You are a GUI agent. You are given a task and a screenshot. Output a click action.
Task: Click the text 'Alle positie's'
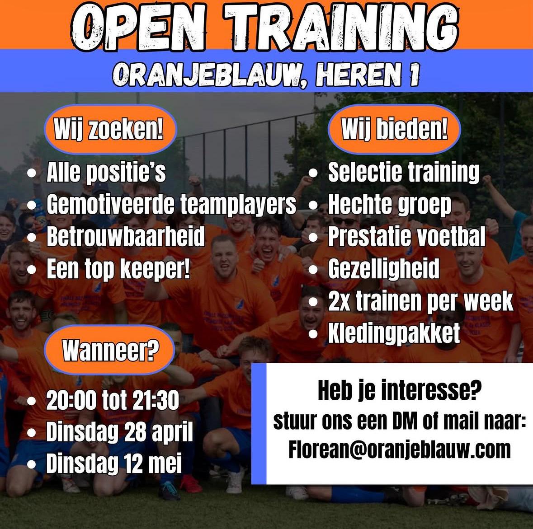[x=106, y=173]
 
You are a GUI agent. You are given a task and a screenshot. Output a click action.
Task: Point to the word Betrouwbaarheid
[x=126, y=237]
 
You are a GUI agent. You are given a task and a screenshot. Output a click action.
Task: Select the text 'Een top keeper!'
[x=118, y=269]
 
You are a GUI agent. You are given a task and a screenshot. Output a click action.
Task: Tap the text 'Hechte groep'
[x=389, y=205]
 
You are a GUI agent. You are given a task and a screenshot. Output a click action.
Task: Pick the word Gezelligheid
[x=383, y=269]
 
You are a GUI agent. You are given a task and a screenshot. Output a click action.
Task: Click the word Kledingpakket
[x=394, y=333]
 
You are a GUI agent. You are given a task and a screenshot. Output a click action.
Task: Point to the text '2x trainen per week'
[x=420, y=301]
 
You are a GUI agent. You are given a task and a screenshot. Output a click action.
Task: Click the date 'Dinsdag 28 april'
[x=119, y=432]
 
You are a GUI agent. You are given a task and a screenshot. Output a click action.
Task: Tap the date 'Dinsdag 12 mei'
[x=114, y=463]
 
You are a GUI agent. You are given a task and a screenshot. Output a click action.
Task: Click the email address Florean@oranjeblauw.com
[x=400, y=449]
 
